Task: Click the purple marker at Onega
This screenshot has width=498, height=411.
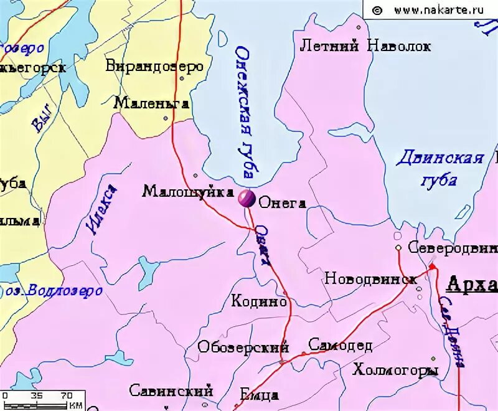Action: coord(245,199)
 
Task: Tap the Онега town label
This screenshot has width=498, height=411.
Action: coord(282,203)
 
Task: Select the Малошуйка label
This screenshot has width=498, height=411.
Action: coord(188,191)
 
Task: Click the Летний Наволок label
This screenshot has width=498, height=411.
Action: coord(365,45)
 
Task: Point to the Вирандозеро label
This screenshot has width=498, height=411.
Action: coord(155,66)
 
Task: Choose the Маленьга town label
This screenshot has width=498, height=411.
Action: coord(151,103)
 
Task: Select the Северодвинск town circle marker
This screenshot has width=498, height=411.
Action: coord(398,248)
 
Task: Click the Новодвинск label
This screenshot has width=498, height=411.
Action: coord(370,278)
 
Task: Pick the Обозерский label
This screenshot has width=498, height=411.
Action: coord(243,347)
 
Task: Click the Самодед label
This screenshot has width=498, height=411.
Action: coord(340,345)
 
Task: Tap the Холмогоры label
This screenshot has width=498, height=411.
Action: coord(395,371)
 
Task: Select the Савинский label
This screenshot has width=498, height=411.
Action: coord(171,390)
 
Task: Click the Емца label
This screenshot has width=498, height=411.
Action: coord(259,395)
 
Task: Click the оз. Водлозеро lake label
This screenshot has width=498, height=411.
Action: coord(54,291)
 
